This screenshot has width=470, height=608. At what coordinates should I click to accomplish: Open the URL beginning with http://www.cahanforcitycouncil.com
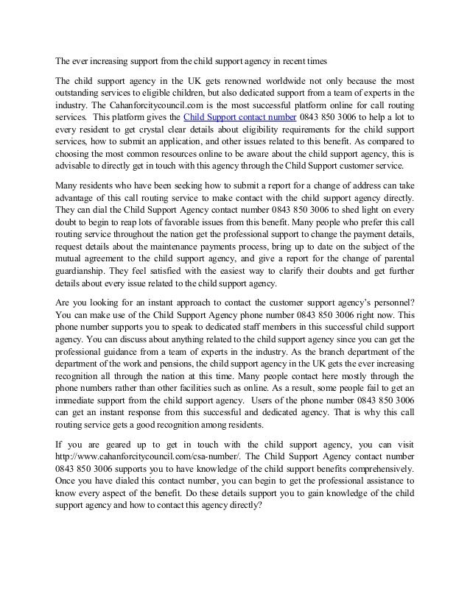tap(142, 456)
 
